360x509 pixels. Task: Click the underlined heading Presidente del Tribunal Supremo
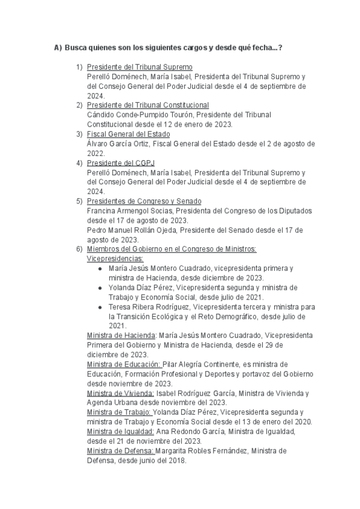139,67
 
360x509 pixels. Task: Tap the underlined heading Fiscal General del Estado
128,134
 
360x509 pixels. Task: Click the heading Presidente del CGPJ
121,163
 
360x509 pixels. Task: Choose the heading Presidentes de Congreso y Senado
144,201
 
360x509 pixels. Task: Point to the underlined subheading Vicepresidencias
115,259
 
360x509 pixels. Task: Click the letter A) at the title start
58,47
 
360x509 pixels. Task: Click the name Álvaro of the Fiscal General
98,144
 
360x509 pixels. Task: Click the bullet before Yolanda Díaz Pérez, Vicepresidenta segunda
100,288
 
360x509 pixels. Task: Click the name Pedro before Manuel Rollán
98,230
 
